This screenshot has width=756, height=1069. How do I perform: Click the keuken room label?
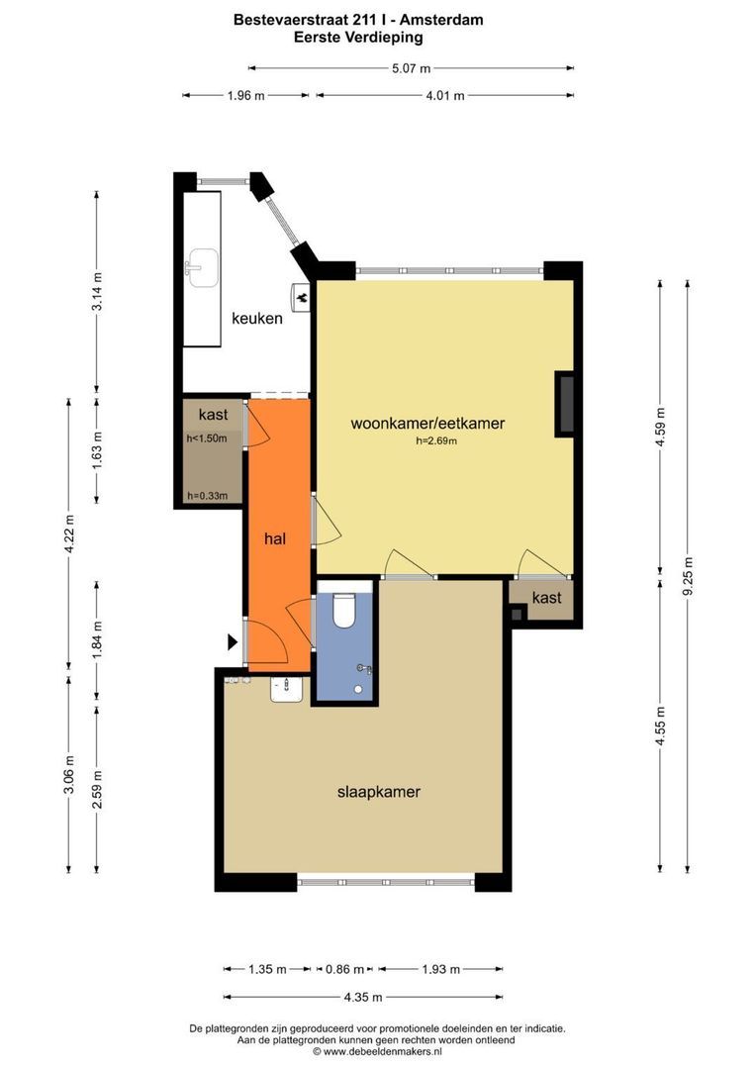[x=257, y=318]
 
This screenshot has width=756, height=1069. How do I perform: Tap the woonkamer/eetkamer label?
[x=427, y=423]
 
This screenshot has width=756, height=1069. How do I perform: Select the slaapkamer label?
[x=379, y=792]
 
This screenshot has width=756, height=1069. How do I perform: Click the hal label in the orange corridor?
[x=275, y=538]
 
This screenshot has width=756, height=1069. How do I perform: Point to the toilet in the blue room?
[x=344, y=610]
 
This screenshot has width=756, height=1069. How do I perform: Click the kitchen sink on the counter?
[x=202, y=267]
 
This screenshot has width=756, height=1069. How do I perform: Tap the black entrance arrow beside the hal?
[x=233, y=641]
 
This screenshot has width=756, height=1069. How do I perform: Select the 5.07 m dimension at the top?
[x=411, y=68]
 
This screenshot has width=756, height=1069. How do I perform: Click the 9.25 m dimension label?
[x=689, y=576]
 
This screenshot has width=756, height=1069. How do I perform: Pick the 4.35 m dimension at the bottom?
[x=362, y=997]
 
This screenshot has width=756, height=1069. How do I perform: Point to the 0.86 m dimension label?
[x=344, y=969]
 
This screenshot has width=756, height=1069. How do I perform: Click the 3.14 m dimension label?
[x=98, y=291]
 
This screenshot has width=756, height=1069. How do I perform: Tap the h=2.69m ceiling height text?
[x=436, y=441]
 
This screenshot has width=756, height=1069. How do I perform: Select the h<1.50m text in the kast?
[x=207, y=438]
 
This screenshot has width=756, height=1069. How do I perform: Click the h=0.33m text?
[x=207, y=496]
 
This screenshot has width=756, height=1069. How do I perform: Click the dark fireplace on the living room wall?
[x=565, y=404]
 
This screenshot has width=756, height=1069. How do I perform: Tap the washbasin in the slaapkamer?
[x=286, y=689]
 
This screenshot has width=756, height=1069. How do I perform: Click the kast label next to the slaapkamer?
[x=547, y=598]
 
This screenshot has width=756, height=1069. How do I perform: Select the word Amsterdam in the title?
[x=445, y=20]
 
